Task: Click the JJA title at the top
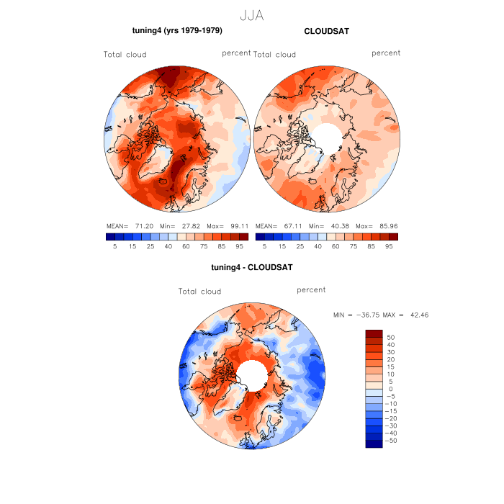[251, 14]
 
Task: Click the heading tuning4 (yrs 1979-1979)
[177, 31]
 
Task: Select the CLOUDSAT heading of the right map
[326, 31]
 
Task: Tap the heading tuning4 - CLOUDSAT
[251, 267]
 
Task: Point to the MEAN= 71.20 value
[126, 225]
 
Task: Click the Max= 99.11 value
[230, 225]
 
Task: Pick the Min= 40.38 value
[325, 225]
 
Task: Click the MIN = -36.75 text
[357, 315]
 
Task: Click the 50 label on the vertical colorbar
[391, 337]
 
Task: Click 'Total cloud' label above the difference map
[199, 292]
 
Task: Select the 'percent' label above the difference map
[311, 290]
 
